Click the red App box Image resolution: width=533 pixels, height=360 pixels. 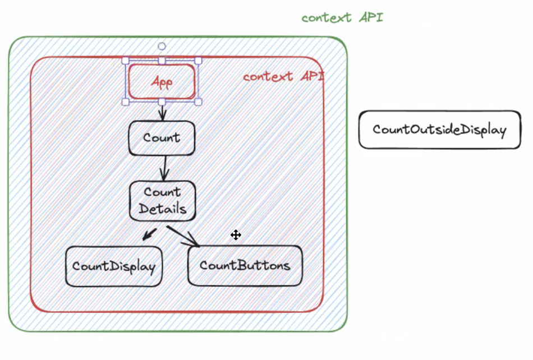[162, 81]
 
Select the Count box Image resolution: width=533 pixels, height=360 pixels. [162, 138]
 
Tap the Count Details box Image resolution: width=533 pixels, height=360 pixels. [163, 201]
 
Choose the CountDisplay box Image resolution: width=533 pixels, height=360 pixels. [114, 266]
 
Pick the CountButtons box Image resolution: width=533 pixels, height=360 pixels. [245, 266]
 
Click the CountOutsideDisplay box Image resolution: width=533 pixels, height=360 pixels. [440, 130]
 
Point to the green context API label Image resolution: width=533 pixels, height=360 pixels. [343, 17]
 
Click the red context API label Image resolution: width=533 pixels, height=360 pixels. [284, 76]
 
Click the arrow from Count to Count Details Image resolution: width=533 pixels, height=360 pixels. [165, 168]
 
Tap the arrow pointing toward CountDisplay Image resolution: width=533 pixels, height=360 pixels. [150, 234]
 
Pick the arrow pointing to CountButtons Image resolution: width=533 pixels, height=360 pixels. [183, 236]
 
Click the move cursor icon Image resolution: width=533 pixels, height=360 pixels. [236, 235]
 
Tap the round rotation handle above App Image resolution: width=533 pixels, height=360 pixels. [162, 46]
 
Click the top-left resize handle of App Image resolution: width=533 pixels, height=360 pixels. [126, 61]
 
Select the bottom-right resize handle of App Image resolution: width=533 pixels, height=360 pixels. [198, 102]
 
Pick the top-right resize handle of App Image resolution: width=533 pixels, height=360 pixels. [198, 61]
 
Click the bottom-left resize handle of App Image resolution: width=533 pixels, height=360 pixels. [126, 102]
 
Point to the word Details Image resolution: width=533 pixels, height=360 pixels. [163, 209]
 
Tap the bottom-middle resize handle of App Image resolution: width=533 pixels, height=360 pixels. [162, 102]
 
